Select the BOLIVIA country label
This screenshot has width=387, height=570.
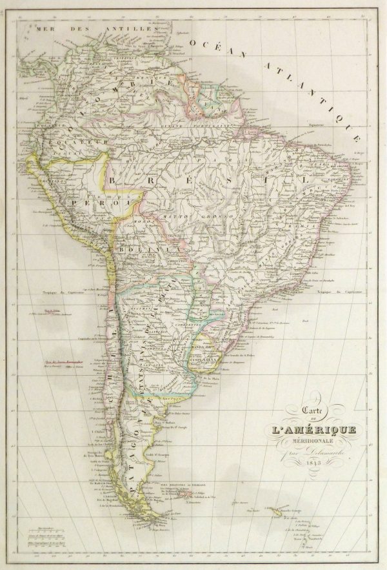155,248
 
